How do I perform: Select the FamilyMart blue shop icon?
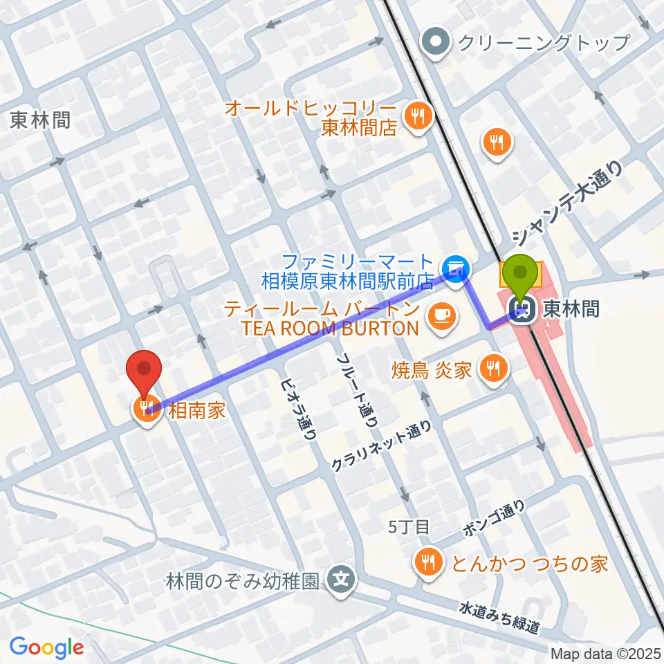(456, 265)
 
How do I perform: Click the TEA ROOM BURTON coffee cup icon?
(441, 316)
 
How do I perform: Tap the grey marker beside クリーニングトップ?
(436, 43)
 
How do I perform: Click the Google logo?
(46, 647)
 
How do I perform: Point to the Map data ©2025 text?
(605, 652)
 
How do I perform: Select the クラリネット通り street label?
(385, 448)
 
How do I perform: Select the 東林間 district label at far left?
(41, 121)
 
